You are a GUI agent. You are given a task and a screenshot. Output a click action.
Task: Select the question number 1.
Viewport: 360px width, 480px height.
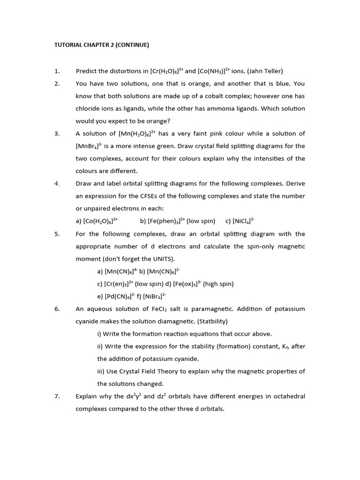(x=57, y=71)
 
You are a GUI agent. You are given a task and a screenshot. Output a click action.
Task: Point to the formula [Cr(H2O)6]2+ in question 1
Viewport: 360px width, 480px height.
(x=167, y=71)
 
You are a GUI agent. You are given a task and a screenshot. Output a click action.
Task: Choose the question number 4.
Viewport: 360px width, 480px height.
(x=57, y=184)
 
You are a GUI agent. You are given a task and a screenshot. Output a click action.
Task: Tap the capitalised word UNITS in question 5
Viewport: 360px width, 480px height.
(x=151, y=259)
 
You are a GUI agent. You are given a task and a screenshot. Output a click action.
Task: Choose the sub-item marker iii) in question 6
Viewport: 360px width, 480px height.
(x=101, y=371)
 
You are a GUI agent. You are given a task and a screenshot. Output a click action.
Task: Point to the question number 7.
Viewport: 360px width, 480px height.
(x=57, y=397)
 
